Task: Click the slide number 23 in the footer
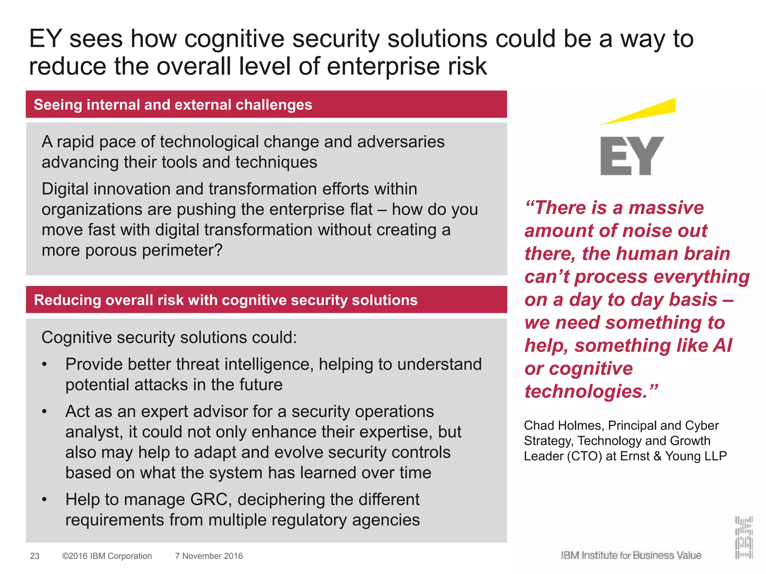(34, 556)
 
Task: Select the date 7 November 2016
(209, 556)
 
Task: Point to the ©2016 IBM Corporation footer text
(107, 556)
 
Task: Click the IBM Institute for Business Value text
(631, 555)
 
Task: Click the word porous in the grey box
(111, 250)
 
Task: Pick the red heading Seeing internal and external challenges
(173, 105)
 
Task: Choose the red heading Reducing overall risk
(226, 300)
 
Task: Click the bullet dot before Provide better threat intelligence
(45, 364)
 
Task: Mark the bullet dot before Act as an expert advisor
(45, 412)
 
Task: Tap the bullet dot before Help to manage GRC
(45, 500)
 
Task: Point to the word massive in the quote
(666, 208)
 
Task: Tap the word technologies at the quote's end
(586, 392)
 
